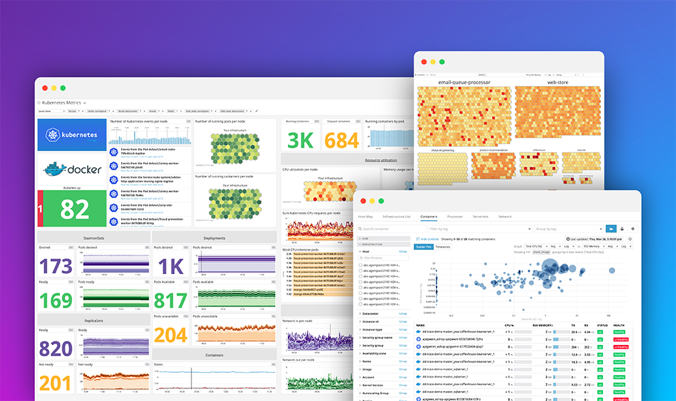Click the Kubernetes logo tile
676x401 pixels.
click(72, 135)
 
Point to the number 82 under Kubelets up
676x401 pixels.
click(74, 209)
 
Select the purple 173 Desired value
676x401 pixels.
click(56, 266)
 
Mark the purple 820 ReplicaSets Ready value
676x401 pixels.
click(56, 348)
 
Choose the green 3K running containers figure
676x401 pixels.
click(301, 139)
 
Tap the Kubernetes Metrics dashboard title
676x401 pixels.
click(61, 102)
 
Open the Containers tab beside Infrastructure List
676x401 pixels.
click(428, 217)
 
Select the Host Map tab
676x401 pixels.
click(365, 217)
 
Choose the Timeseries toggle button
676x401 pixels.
click(442, 247)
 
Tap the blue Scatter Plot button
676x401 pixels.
click(423, 247)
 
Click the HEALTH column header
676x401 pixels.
click(619, 325)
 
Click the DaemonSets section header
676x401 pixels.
click(94, 238)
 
